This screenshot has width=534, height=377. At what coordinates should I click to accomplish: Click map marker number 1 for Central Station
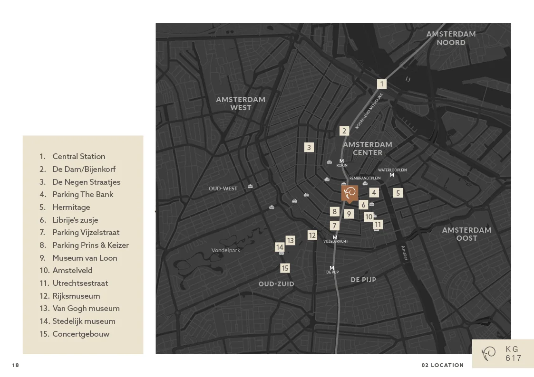(x=381, y=84)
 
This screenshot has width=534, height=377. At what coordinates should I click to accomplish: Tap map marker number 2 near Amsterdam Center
(x=344, y=131)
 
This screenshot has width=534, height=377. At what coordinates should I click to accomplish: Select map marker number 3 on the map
(x=309, y=147)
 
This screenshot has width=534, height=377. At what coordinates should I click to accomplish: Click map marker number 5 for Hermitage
(x=398, y=193)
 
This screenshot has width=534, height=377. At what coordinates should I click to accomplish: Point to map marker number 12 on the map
(x=312, y=235)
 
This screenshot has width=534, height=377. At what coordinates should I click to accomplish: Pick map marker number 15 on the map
(x=285, y=268)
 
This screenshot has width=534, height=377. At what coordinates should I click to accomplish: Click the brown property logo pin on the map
(x=350, y=193)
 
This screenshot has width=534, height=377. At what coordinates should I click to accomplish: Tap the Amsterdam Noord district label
(x=451, y=38)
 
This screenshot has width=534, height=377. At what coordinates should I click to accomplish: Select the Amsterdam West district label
(x=241, y=104)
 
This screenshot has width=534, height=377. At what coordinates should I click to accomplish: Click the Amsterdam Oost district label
(x=466, y=234)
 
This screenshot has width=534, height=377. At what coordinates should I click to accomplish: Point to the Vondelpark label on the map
(x=226, y=250)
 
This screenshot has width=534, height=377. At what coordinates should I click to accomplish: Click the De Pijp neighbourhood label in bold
(x=363, y=280)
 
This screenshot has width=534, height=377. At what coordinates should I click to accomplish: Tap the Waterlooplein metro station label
(x=392, y=170)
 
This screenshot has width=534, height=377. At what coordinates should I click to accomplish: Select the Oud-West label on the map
(x=223, y=188)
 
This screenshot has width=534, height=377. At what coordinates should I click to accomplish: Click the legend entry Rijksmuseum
(x=76, y=296)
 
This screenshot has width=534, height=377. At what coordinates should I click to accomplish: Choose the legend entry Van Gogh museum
(x=86, y=308)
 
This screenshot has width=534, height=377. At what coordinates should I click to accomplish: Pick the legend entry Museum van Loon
(x=85, y=258)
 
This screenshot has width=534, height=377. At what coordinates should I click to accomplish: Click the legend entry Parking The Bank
(x=83, y=194)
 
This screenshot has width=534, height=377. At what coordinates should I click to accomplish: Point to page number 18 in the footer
(x=16, y=365)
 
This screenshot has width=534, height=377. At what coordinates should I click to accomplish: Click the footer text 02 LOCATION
(x=442, y=365)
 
